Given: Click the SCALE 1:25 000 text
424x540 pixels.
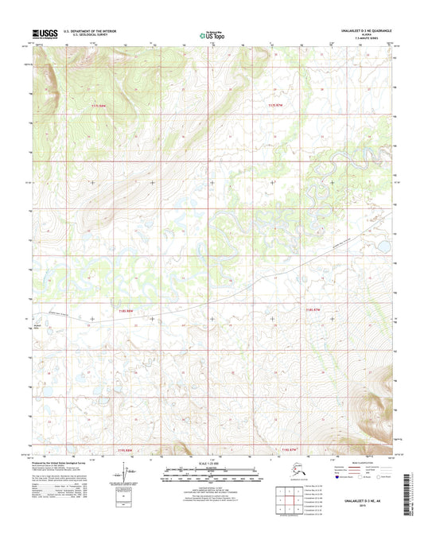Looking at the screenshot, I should [x=212, y=464].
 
